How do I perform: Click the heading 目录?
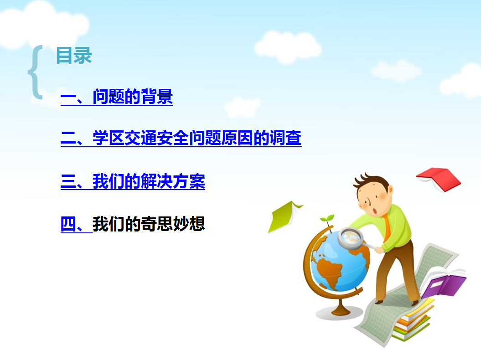point(74,56)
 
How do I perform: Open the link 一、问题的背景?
point(117,97)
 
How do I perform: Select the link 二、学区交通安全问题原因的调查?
point(181,138)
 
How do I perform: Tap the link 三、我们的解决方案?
point(133,181)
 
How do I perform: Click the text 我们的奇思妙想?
point(149,224)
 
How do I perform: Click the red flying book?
point(438,178)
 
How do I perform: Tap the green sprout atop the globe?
point(327,219)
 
